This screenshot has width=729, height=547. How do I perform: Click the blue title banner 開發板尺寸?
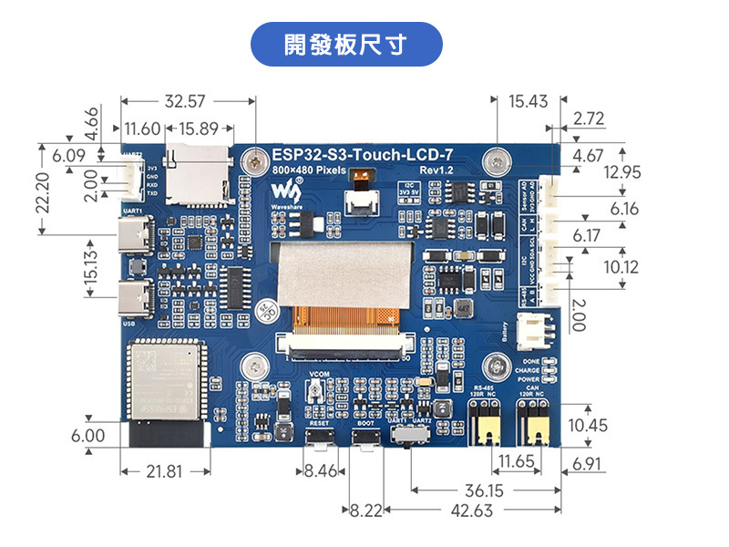pyautogui.click(x=345, y=45)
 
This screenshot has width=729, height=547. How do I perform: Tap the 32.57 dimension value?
pyautogui.click(x=187, y=101)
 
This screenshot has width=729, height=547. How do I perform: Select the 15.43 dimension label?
pyautogui.click(x=529, y=101)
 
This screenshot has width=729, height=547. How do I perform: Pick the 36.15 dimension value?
pyautogui.click(x=487, y=490)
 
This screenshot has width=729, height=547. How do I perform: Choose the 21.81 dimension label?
pyautogui.click(x=165, y=471)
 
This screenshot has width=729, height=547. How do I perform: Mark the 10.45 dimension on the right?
pyautogui.click(x=587, y=426)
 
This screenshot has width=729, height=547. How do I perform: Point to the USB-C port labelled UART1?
pyautogui.click(x=134, y=239)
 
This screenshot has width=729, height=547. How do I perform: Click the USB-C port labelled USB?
pyautogui.click(x=134, y=297)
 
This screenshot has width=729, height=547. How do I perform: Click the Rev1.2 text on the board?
pyautogui.click(x=436, y=170)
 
